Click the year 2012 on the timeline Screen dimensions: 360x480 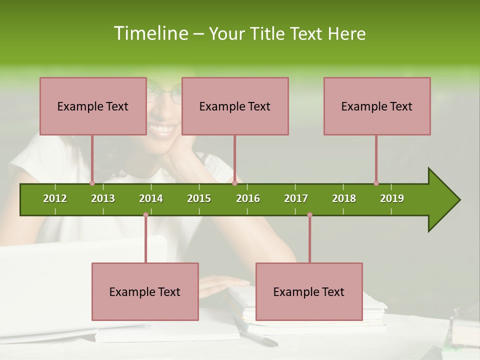coord(55,198)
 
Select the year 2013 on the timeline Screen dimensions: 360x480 coord(103,198)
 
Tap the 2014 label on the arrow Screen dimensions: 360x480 coord(151,198)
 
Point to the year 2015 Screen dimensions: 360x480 coord(199,198)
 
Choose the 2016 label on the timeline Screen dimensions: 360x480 coord(248,198)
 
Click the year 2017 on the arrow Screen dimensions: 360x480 coord(296,198)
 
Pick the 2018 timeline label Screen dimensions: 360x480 coord(344,198)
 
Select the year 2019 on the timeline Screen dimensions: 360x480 coord(392,198)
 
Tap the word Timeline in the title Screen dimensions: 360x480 coord(150,33)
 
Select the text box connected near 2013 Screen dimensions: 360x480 coord(93,106)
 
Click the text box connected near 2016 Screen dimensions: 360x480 coord(235,106)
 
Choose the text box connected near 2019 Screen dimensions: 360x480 coord(377,106)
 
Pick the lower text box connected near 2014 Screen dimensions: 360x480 coord(145,291)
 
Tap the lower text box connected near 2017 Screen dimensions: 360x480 coord(309,291)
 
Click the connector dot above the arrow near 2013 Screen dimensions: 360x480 coord(92,183)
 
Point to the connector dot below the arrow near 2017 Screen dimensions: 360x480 coord(309,215)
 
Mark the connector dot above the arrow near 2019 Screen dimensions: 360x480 coord(376,183)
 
